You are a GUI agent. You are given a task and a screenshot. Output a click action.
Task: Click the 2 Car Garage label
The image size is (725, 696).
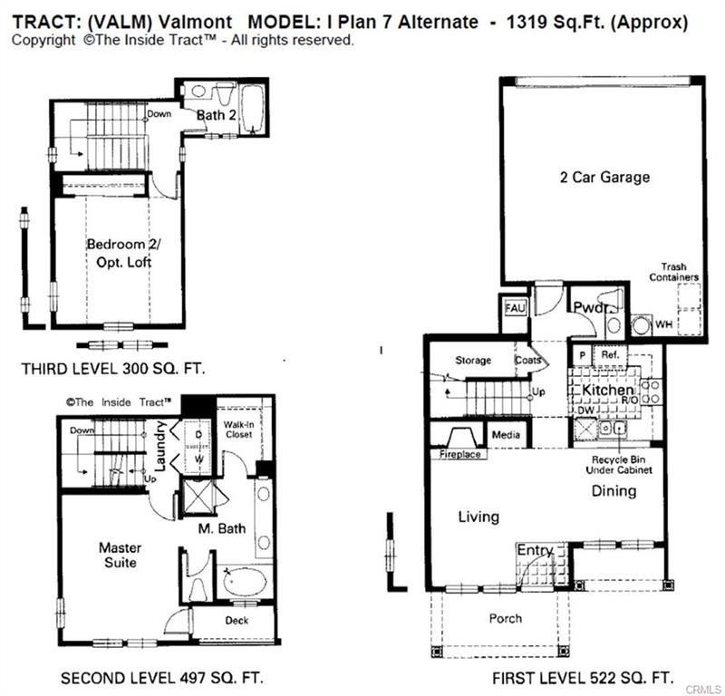point(604,177)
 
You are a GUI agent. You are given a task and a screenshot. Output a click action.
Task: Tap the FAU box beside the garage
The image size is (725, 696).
point(515,308)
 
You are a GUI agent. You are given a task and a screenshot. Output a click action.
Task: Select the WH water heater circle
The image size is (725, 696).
point(641,324)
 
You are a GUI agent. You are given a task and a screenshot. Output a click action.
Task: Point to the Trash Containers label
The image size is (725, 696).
point(673,272)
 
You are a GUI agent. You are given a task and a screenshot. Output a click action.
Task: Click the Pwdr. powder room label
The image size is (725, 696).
point(591,307)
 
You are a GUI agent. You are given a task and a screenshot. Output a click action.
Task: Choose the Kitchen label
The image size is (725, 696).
point(607,390)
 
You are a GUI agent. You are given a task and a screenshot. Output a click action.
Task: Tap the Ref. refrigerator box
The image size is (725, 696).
point(610,354)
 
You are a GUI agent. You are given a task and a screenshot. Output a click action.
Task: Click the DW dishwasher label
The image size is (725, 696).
point(585,411)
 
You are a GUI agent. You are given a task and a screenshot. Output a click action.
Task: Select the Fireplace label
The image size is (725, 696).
point(459,454)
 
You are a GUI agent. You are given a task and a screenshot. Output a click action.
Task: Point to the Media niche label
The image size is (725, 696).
point(506,435)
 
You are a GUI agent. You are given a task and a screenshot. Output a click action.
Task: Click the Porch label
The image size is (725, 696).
point(506,618)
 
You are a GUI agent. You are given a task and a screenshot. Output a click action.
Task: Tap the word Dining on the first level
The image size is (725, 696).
point(614,490)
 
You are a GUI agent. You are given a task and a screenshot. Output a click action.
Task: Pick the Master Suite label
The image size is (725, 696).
point(120,555)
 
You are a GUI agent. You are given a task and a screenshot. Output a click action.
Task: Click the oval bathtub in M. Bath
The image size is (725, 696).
point(244,580)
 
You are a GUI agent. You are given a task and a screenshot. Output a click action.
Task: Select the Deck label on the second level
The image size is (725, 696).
point(237,621)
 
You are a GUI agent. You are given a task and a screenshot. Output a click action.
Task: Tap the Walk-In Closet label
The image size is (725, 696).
point(238,430)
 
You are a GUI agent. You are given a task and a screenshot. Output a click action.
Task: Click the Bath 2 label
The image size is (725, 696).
point(217,115)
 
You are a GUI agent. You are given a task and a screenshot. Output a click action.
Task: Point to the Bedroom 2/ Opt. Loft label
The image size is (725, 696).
point(124,253)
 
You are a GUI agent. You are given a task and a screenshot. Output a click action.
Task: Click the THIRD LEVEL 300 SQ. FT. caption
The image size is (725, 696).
point(113,369)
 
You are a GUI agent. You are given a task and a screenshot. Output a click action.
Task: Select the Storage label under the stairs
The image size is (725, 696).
point(473,361)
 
